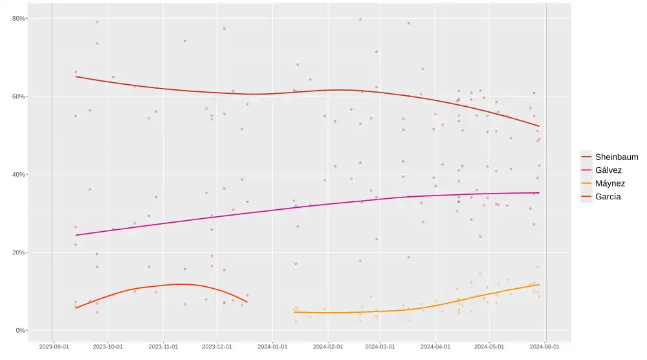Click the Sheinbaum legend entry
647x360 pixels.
(x=616, y=157)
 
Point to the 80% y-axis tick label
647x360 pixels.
(x=18, y=18)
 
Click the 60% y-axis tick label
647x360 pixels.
(x=18, y=96)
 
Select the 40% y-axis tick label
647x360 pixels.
(x=18, y=174)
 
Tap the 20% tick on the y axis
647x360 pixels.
(x=18, y=253)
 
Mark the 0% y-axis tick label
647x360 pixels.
(x=20, y=330)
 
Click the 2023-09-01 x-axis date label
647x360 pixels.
(x=53, y=346)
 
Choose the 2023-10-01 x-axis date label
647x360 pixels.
(x=108, y=346)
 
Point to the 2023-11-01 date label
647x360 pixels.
(x=164, y=346)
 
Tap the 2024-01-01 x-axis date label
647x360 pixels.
(x=273, y=346)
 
